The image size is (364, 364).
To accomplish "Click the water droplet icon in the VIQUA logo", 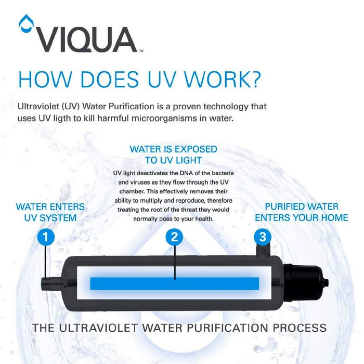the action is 26,23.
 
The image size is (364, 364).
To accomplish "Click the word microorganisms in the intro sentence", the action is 169,119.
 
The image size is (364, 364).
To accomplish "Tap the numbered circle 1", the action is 46,237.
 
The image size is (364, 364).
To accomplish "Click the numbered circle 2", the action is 174,237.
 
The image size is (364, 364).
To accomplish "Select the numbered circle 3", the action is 263,237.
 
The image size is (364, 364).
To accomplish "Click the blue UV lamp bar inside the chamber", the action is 175,283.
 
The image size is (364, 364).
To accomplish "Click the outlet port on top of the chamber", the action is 263,251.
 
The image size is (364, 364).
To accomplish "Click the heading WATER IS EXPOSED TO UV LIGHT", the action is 173,154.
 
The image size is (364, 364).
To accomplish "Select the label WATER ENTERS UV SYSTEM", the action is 50,212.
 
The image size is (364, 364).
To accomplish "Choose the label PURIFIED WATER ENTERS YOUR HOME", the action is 302,212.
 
